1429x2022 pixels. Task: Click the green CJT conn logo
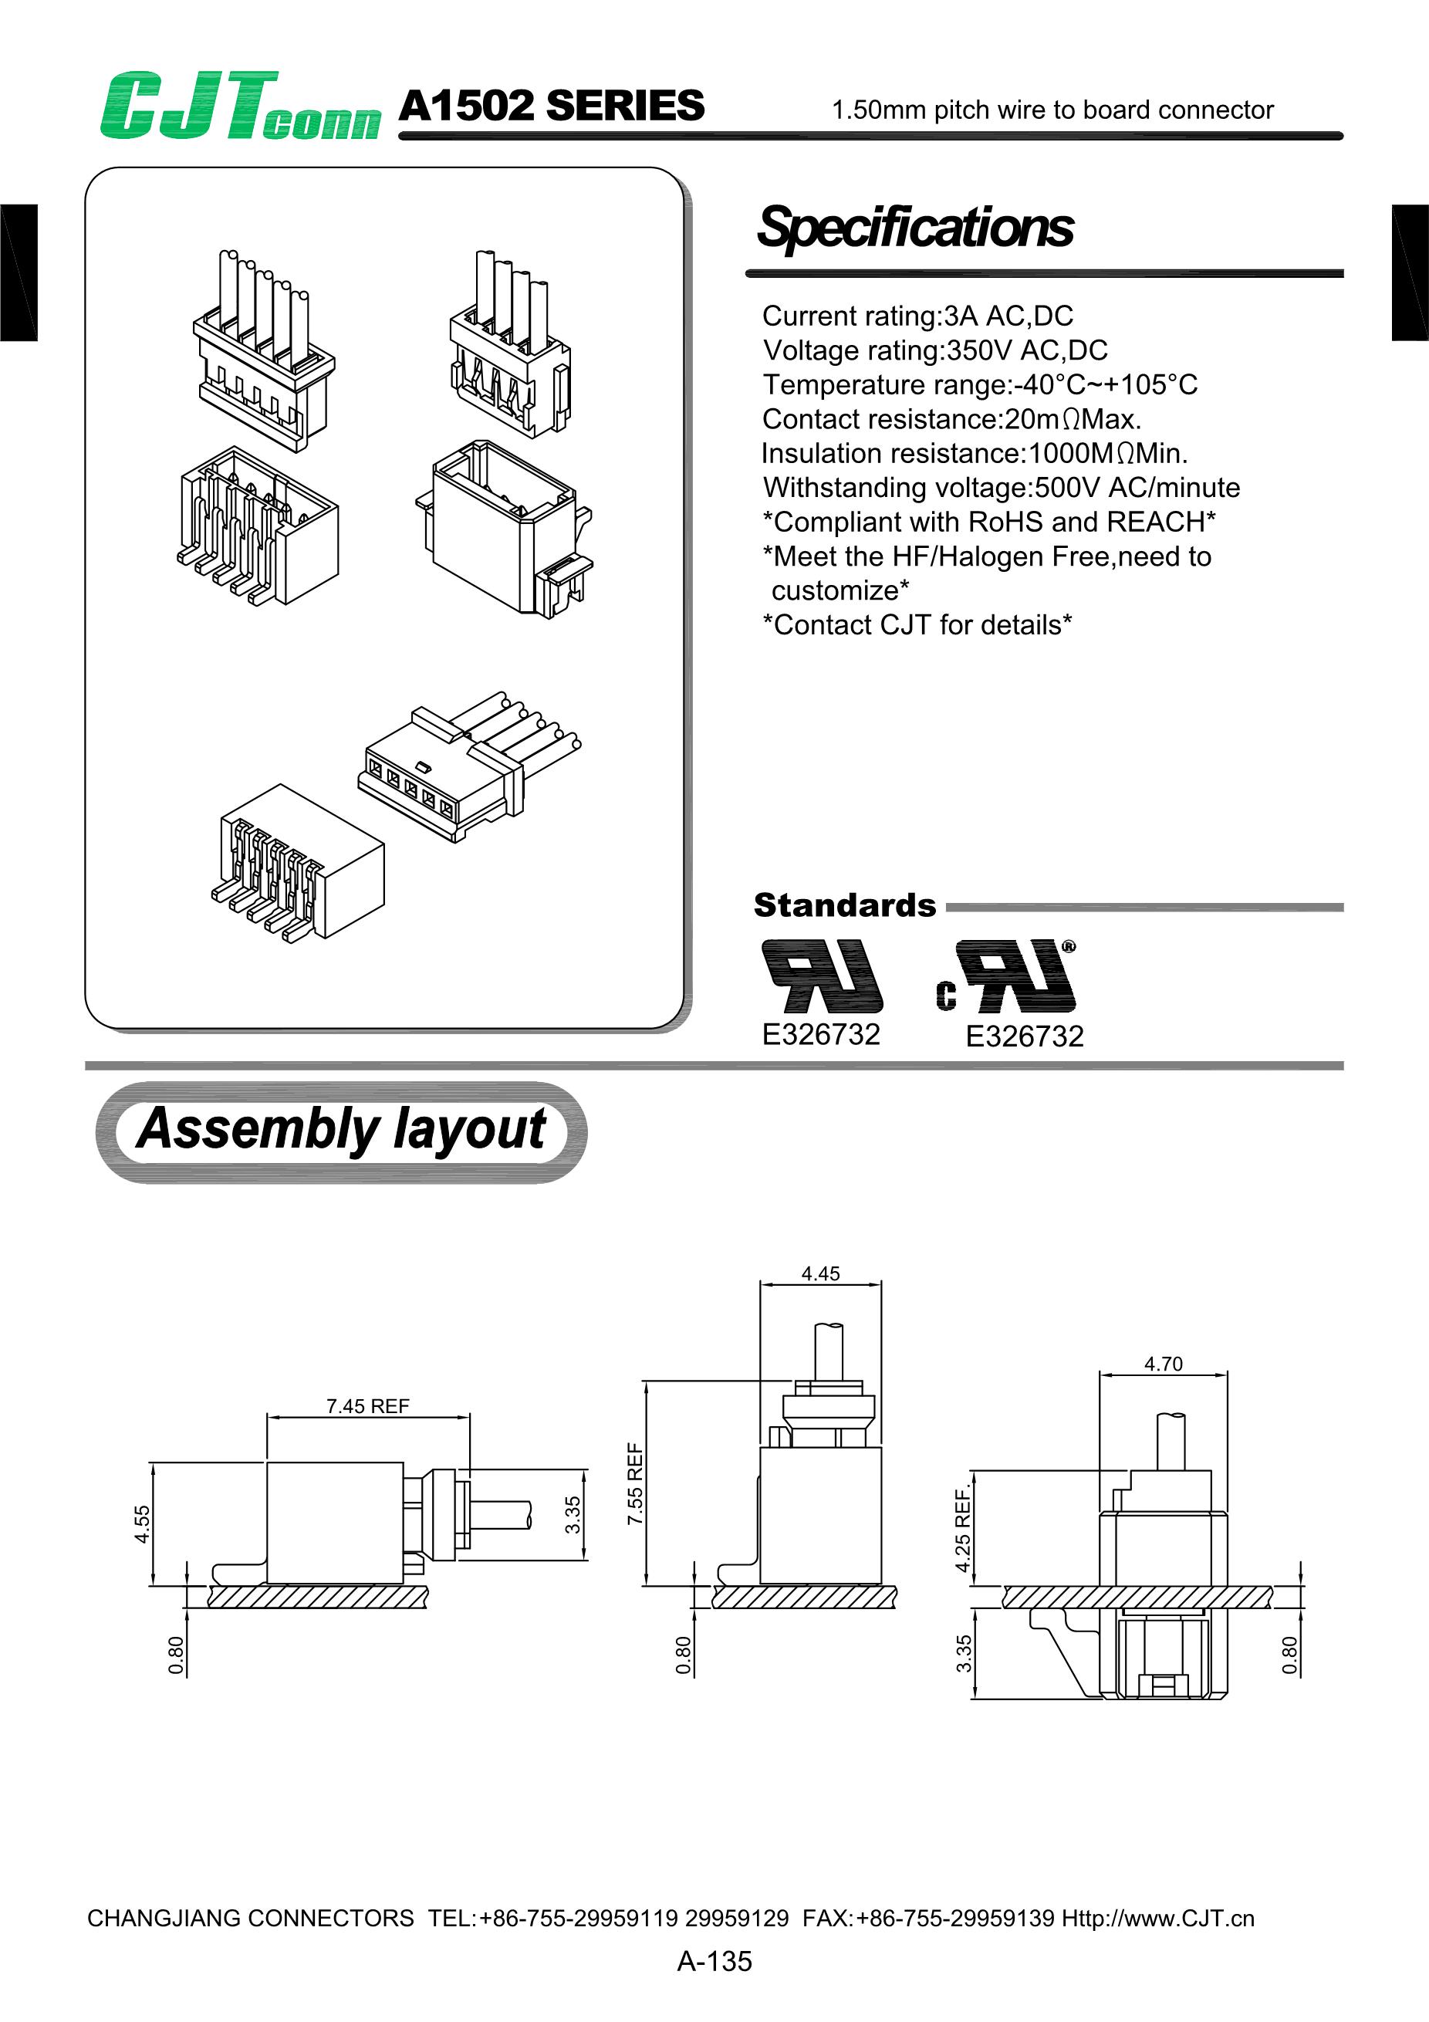pos(239,107)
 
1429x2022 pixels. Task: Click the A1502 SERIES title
pos(551,107)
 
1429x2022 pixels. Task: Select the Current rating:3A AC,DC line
pos(917,316)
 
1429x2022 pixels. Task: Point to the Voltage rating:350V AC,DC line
pos(935,350)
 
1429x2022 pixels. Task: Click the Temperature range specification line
pos(980,384)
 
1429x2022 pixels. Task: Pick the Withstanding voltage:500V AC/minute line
pos(1001,487)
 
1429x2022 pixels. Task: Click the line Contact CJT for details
pos(917,624)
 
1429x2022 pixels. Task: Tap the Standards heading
pos(844,905)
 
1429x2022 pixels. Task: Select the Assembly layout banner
pos(341,1130)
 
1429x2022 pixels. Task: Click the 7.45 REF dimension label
pos(368,1406)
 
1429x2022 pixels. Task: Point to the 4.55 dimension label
pos(143,1524)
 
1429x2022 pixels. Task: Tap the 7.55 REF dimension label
pos(636,1484)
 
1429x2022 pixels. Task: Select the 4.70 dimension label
pos(1163,1364)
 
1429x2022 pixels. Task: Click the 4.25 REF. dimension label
pos(963,1530)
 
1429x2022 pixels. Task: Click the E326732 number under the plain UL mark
pos(821,1034)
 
